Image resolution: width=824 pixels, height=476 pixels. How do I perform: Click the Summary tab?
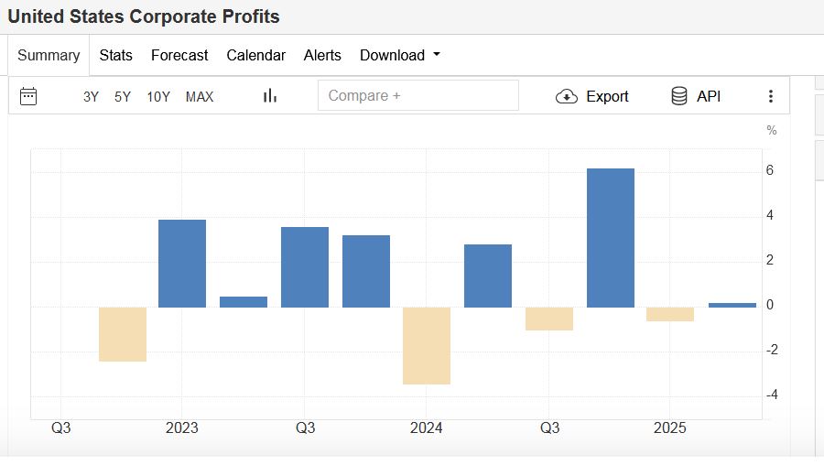click(x=49, y=55)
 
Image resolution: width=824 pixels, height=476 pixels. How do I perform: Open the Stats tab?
click(x=115, y=55)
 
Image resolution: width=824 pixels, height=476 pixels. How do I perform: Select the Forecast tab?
click(x=179, y=55)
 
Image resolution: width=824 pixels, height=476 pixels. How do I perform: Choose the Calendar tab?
click(x=255, y=55)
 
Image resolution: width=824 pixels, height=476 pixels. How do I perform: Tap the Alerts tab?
click(x=322, y=55)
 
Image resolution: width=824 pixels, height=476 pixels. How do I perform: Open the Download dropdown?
click(x=399, y=55)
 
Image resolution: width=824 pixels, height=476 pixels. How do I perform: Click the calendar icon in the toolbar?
click(x=28, y=96)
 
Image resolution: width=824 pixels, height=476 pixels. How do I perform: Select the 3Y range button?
click(x=91, y=96)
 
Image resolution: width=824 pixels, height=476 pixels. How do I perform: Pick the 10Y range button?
click(x=158, y=96)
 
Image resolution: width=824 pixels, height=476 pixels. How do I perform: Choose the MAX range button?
click(x=200, y=96)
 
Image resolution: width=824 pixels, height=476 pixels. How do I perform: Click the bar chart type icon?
click(x=270, y=96)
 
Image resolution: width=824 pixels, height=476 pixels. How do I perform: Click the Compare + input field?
click(x=417, y=95)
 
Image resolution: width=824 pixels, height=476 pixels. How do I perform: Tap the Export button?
click(x=592, y=96)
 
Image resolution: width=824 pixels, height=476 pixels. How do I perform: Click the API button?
click(x=696, y=96)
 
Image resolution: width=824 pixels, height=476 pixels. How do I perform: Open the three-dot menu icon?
click(x=771, y=96)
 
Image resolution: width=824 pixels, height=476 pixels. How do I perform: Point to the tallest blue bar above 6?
click(x=611, y=238)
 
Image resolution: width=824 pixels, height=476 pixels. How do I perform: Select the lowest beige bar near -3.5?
click(x=427, y=345)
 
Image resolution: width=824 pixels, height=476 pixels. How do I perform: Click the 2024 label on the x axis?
click(x=427, y=428)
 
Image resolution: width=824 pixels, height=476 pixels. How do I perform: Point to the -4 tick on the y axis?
click(x=771, y=395)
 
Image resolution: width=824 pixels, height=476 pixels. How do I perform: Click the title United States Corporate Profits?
click(x=144, y=16)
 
